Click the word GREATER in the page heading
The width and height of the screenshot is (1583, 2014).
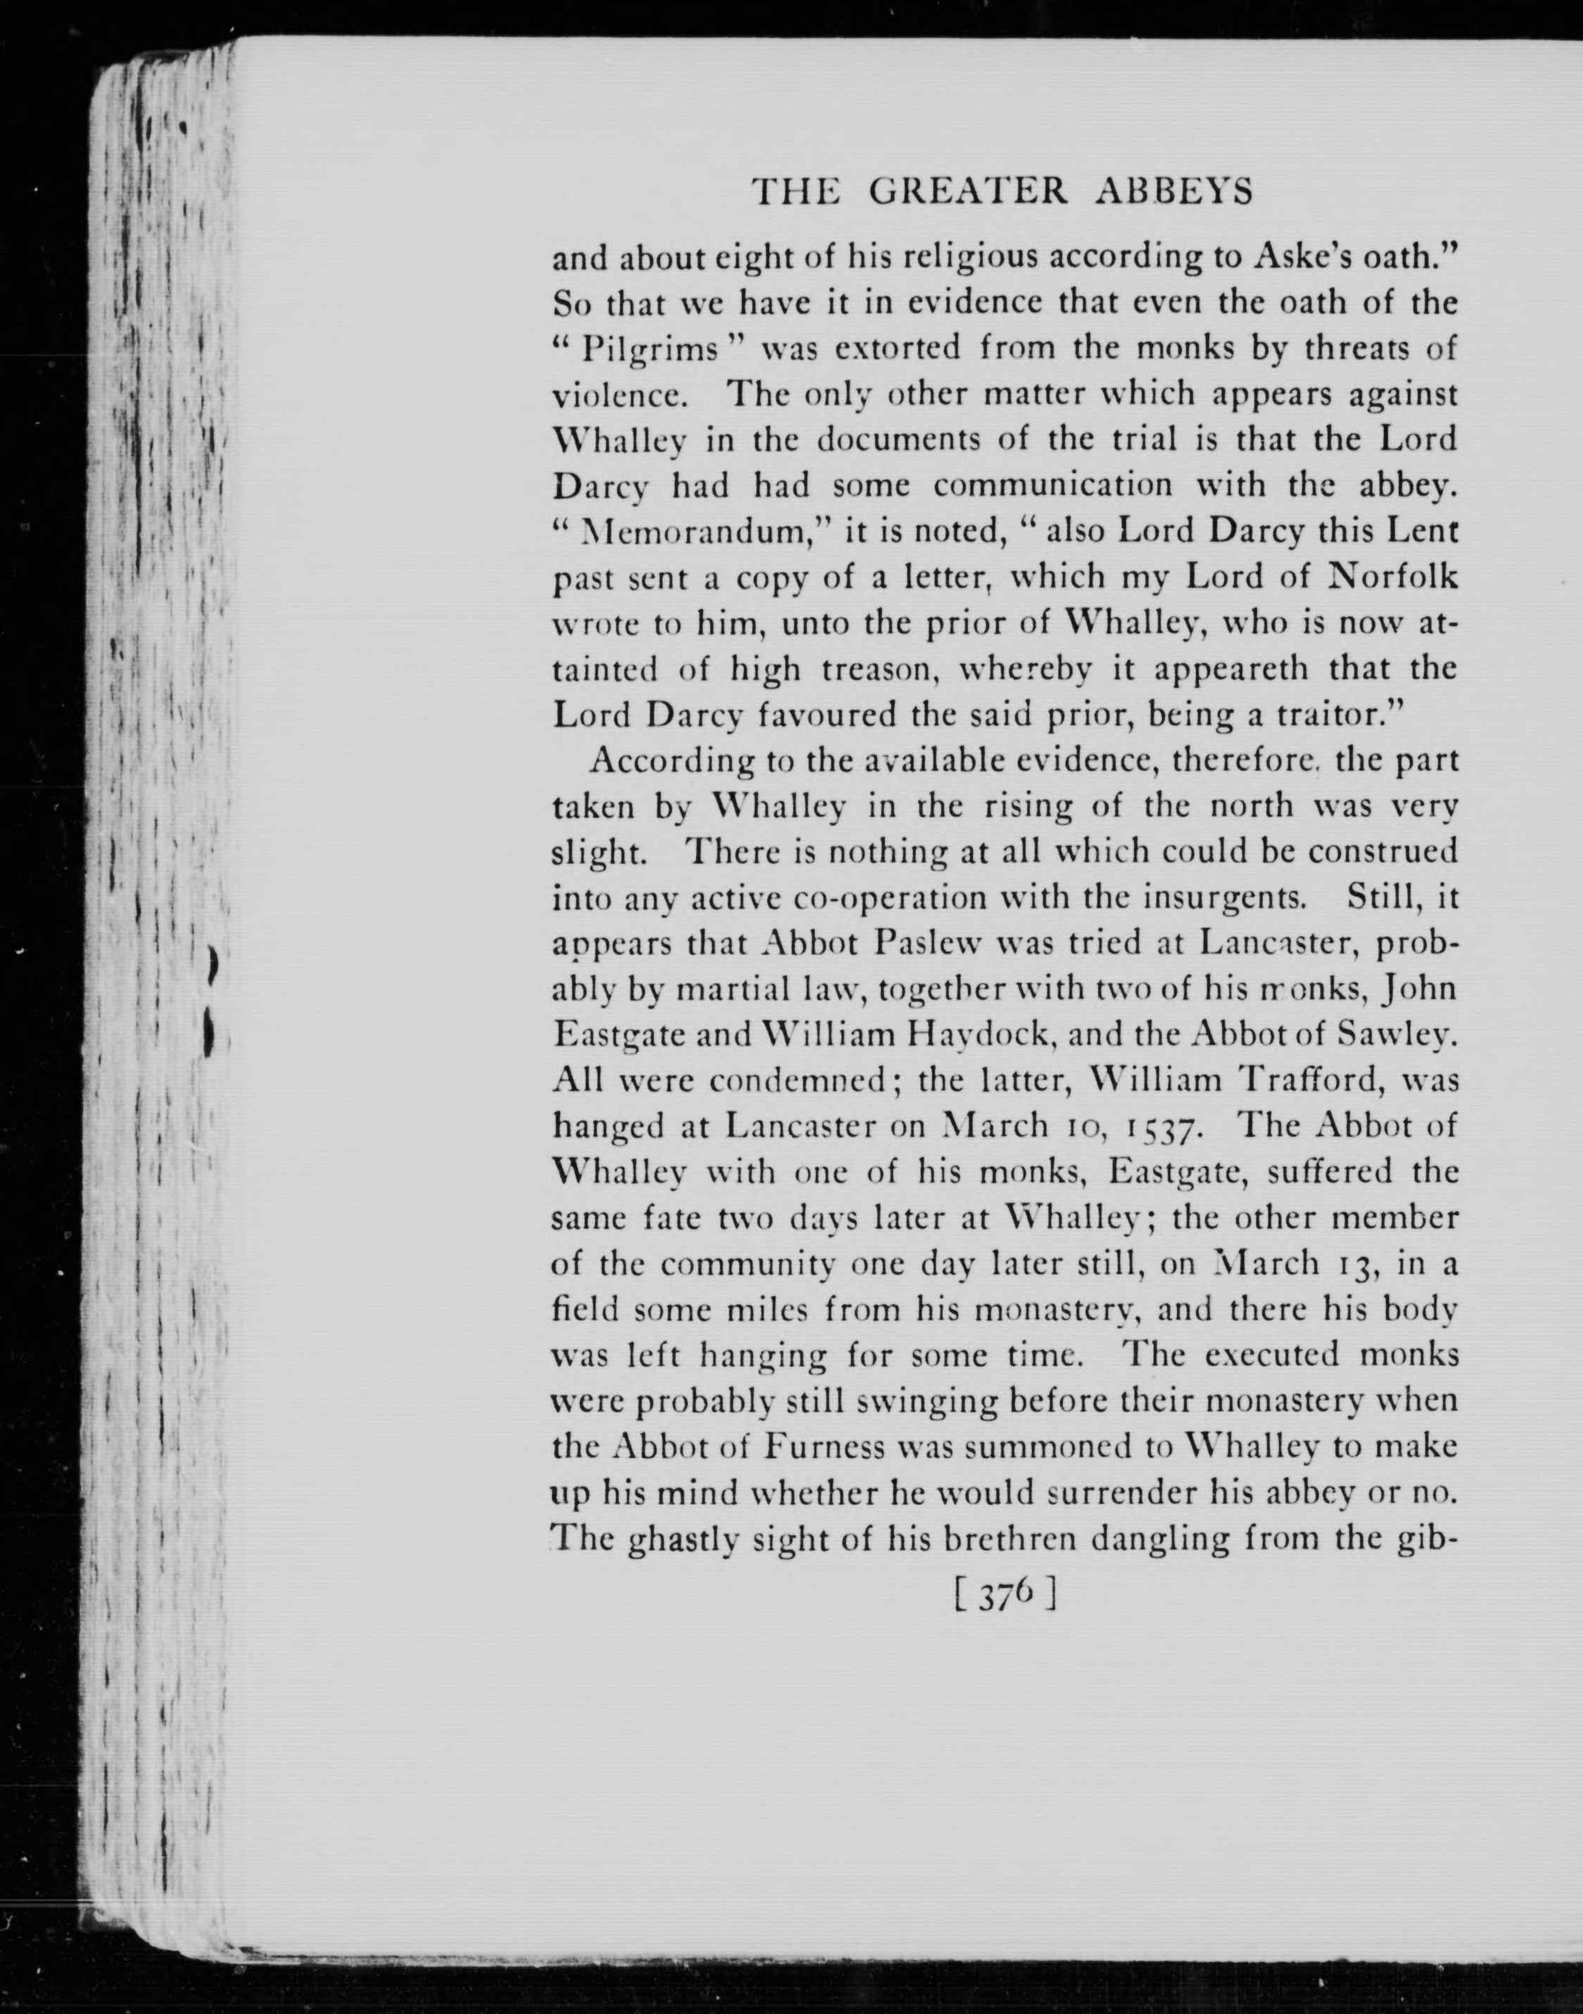[969, 192]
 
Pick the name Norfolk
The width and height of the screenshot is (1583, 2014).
[1393, 577]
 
